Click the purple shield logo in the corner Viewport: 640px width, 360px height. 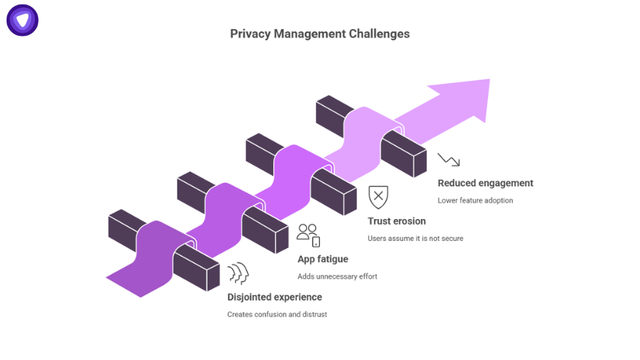(23, 20)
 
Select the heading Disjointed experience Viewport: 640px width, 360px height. (274, 297)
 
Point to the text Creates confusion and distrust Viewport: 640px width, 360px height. (277, 315)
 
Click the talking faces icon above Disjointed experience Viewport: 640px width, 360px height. (238, 274)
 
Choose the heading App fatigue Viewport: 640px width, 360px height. (322, 259)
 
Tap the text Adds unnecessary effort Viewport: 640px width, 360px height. (337, 277)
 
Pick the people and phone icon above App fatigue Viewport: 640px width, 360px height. (308, 235)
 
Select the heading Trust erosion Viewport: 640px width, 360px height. (397, 221)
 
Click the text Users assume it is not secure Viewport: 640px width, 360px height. (415, 239)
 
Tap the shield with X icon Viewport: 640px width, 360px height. (378, 197)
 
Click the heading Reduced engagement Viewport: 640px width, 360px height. (485, 183)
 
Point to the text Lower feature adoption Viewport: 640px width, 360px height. (475, 201)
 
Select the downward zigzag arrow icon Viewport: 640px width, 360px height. (449, 160)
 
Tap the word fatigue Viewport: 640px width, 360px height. (333, 259)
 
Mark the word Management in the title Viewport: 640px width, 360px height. (309, 34)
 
